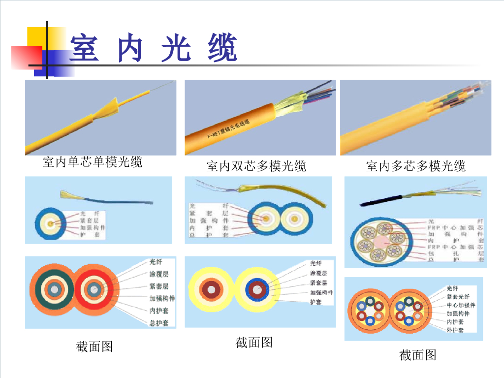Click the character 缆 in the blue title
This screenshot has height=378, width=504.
(x=222, y=48)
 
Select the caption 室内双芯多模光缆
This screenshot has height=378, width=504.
(x=256, y=166)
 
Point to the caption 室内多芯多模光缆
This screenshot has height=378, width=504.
(x=416, y=166)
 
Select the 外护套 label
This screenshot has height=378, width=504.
(x=455, y=330)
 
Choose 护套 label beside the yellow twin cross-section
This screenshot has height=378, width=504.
(x=315, y=302)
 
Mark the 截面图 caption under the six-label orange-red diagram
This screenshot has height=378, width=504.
(x=94, y=346)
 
